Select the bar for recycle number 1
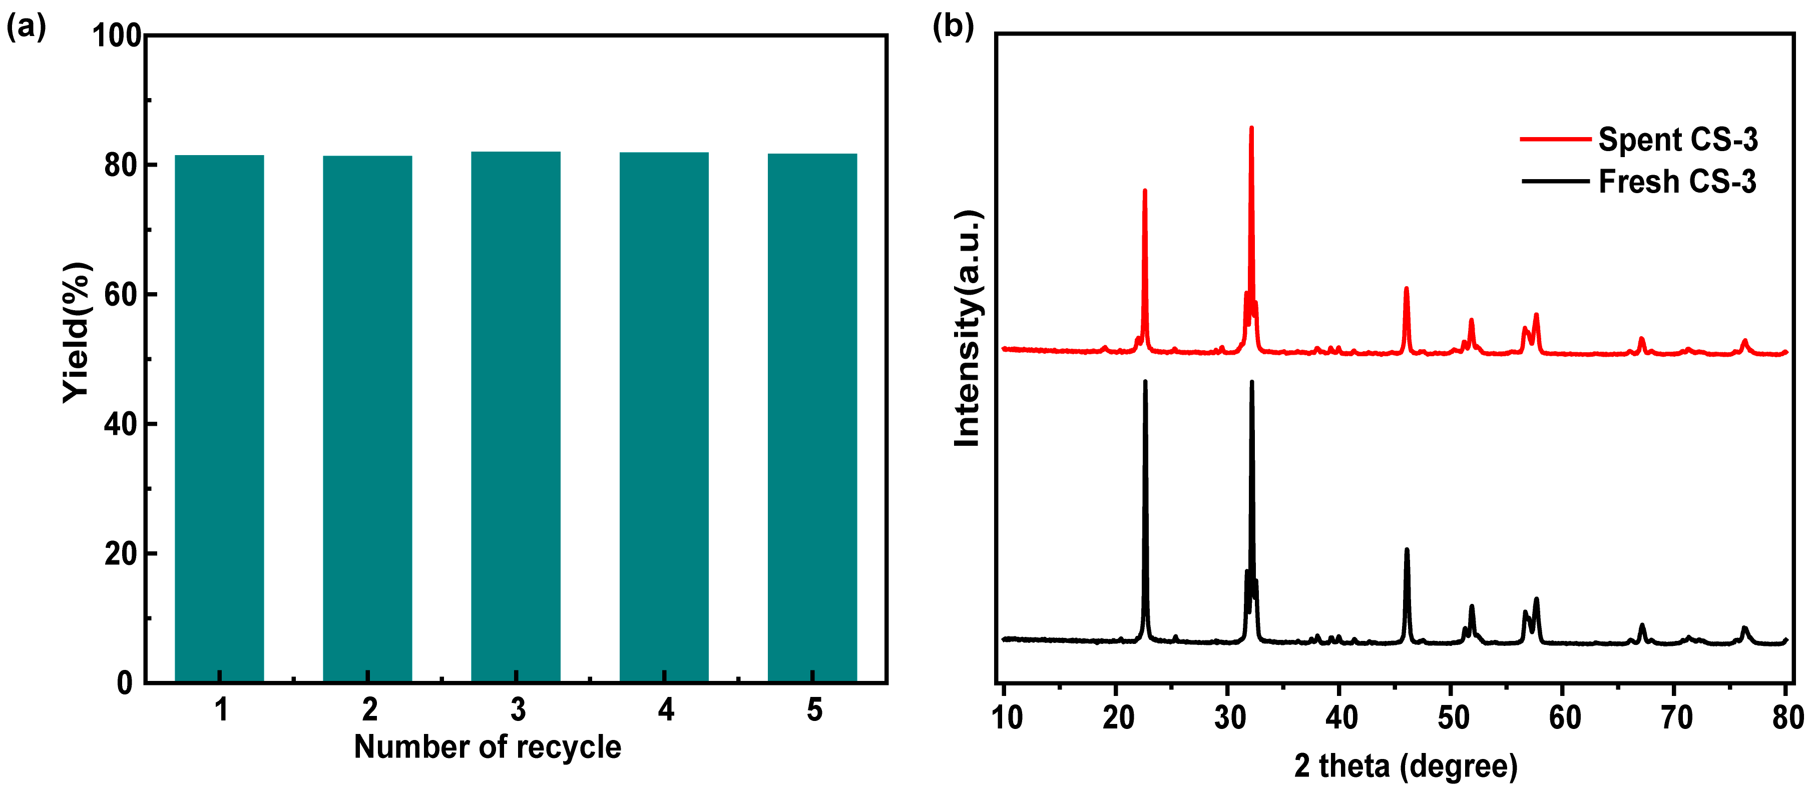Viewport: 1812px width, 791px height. (x=219, y=418)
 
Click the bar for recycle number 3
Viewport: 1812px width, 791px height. (x=516, y=416)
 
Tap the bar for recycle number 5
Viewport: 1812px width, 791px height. (x=812, y=418)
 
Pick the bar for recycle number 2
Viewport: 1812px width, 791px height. (x=367, y=419)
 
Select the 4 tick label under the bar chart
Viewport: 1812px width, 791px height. (x=665, y=710)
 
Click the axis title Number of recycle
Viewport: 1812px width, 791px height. (x=488, y=746)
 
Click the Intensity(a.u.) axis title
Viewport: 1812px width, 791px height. (x=968, y=328)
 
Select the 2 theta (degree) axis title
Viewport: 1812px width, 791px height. (x=1406, y=765)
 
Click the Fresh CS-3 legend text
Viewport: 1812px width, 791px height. (x=1678, y=182)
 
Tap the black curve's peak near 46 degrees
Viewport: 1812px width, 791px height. (x=1407, y=550)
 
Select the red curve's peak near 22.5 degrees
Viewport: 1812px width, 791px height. (x=1144, y=191)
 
